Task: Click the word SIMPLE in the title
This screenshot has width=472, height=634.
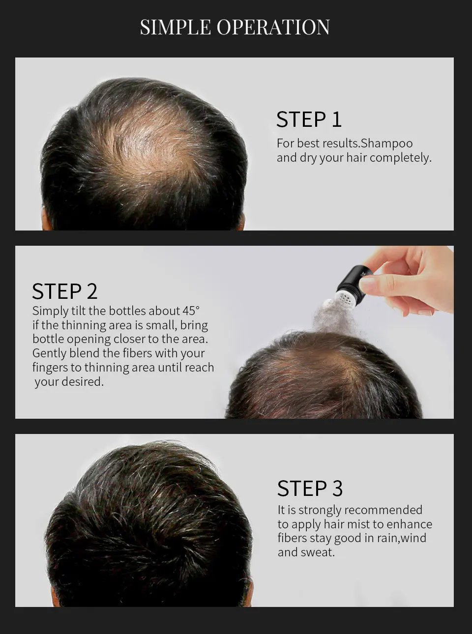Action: [176, 28]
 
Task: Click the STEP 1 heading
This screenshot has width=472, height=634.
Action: [309, 119]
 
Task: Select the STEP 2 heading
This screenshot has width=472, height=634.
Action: [64, 291]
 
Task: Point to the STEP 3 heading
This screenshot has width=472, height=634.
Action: [310, 489]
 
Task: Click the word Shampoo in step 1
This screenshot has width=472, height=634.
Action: [387, 144]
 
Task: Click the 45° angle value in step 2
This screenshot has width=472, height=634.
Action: [191, 311]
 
